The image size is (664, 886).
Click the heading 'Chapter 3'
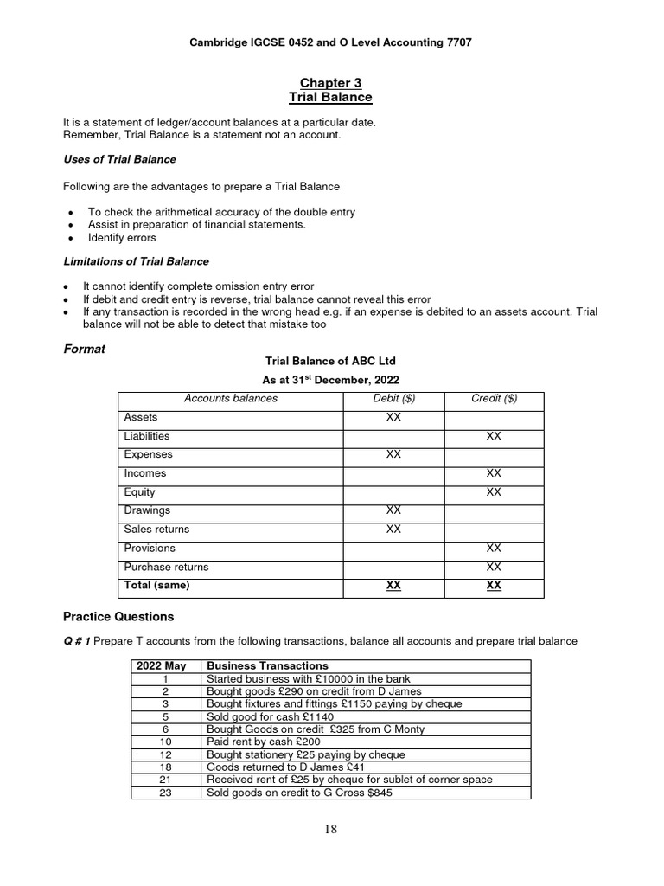(330, 83)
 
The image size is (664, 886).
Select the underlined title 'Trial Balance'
(330, 97)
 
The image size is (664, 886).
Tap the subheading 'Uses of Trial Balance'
(119, 159)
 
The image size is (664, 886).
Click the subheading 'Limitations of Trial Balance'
(136, 260)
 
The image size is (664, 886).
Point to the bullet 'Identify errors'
(122, 238)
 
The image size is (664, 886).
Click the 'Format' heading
(85, 349)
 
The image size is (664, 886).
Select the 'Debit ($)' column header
(393, 398)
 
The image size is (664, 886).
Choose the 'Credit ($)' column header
(494, 398)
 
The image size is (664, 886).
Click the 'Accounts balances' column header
(231, 398)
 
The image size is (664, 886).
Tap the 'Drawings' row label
(147, 510)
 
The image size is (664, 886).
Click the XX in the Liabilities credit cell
(494, 436)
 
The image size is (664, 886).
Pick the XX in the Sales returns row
(393, 530)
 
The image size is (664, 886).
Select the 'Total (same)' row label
(156, 586)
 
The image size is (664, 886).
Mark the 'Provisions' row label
(150, 548)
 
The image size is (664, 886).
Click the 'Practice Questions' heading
(118, 617)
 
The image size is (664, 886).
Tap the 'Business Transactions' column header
(267, 665)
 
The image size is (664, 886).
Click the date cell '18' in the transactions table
(166, 767)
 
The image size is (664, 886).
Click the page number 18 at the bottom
(331, 830)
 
